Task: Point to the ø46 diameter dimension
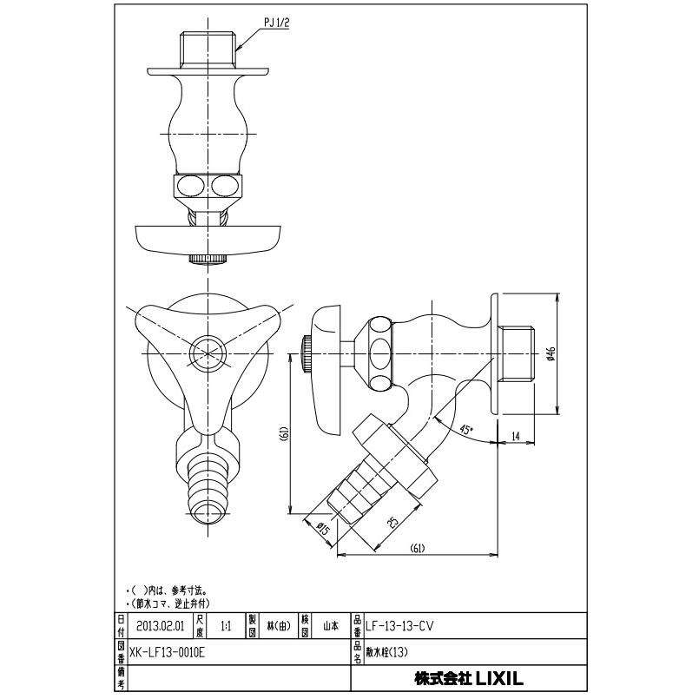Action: pos(551,353)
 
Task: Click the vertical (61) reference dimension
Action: pos(284,433)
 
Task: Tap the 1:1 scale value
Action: pos(227,624)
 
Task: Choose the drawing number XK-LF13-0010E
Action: pos(170,650)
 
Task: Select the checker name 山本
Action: pos(331,624)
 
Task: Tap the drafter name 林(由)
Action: pos(278,624)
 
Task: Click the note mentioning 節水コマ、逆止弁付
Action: pos(168,602)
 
